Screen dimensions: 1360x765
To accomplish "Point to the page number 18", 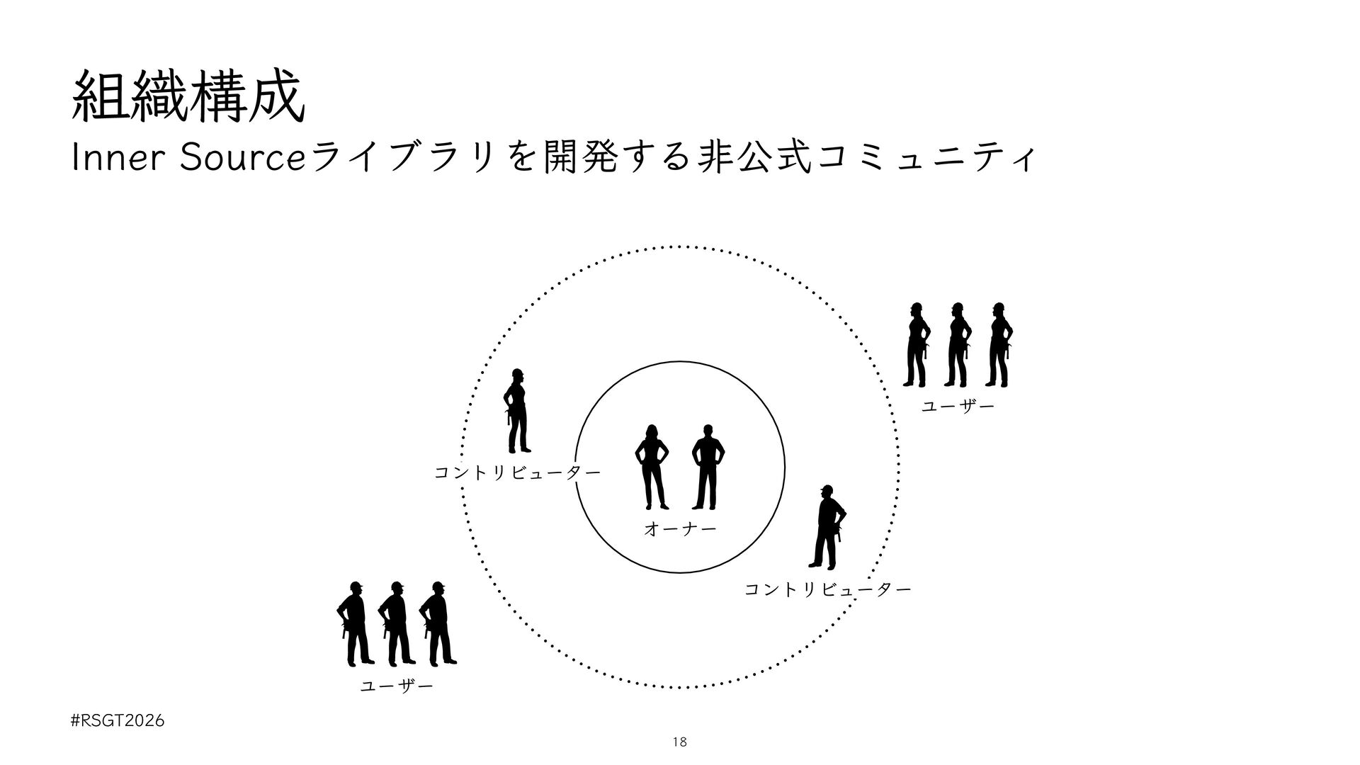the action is tap(679, 742).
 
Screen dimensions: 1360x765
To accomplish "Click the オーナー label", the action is tap(679, 528).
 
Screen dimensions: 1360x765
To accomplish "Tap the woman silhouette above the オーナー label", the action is tap(652, 467).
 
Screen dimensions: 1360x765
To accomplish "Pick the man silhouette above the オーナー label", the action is tap(707, 467).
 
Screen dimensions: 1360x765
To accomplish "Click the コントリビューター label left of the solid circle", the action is tap(517, 472).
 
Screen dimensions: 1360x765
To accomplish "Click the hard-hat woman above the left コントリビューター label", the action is tap(517, 411).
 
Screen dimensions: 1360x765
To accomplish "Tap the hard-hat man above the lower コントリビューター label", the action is tap(828, 528).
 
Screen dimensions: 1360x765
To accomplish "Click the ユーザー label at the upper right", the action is tap(958, 407).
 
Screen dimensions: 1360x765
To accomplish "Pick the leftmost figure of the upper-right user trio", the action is tap(917, 345).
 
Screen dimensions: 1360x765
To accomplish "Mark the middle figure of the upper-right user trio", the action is tap(958, 345).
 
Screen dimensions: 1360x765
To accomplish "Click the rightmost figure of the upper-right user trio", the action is tap(999, 345).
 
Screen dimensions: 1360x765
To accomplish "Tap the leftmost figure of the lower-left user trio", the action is tap(355, 623).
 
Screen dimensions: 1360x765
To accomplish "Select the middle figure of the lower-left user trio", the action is tap(396, 623).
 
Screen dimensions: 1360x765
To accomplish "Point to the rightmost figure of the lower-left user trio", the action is tap(437, 623).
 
